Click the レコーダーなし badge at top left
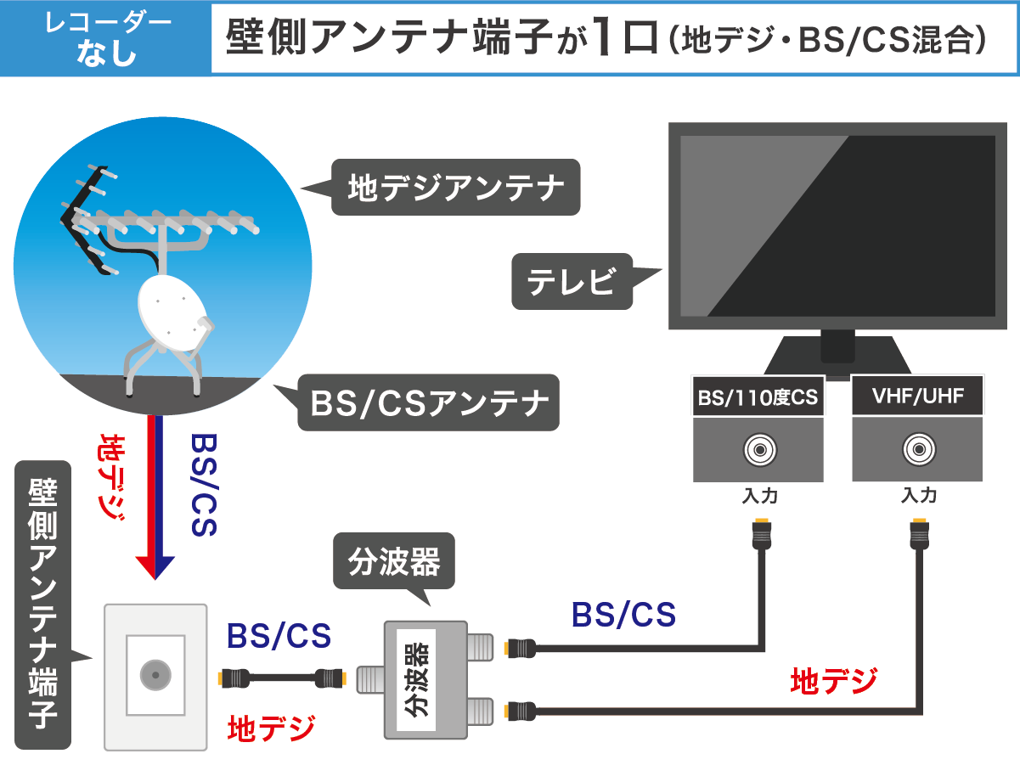pyautogui.click(x=105, y=39)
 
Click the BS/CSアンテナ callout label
pyautogui.click(x=429, y=402)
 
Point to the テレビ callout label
pyautogui.click(x=572, y=281)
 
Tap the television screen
pyautogui.click(x=837, y=225)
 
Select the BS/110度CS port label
pyautogui.click(x=758, y=397)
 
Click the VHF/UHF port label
pyautogui.click(x=917, y=397)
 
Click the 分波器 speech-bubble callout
pyautogui.click(x=393, y=560)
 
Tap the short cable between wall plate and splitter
pyautogui.click(x=282, y=678)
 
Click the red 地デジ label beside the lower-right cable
pyautogui.click(x=833, y=681)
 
